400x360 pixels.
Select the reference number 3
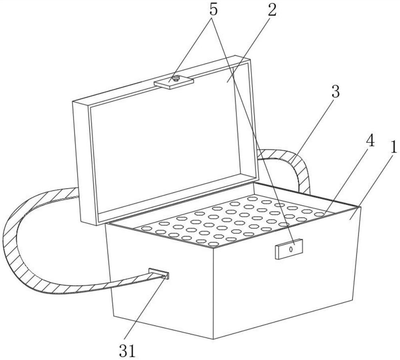(335, 92)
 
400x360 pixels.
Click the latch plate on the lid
(174, 82)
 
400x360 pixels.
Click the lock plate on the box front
(288, 249)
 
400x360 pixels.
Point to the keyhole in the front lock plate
(292, 248)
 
